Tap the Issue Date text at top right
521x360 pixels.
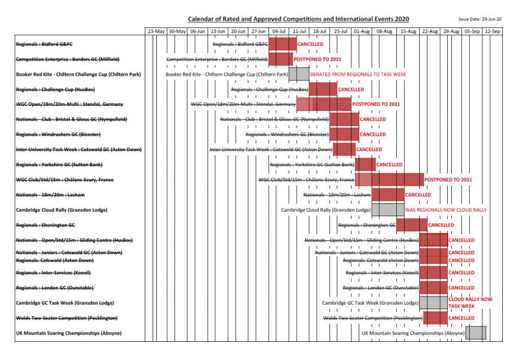click(x=480, y=19)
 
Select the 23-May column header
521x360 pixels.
click(x=156, y=32)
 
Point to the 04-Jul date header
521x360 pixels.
click(x=279, y=32)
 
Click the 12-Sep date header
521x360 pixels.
click(x=492, y=32)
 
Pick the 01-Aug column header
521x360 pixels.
click(x=362, y=32)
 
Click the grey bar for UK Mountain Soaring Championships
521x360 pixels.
click(x=476, y=333)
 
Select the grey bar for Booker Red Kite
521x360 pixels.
click(x=299, y=74)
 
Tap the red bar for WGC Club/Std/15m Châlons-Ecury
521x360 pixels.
click(x=389, y=179)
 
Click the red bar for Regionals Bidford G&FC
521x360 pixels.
click(x=282, y=44)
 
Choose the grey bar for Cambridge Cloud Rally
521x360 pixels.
click(x=388, y=209)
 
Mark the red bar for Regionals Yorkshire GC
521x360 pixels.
click(x=365, y=164)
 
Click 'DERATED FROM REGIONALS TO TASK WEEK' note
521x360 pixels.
click(x=358, y=74)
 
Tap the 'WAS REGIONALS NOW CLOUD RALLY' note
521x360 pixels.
click(x=446, y=209)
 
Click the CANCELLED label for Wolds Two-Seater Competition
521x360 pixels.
click(x=461, y=318)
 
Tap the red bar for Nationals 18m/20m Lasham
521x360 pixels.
click(x=388, y=195)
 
